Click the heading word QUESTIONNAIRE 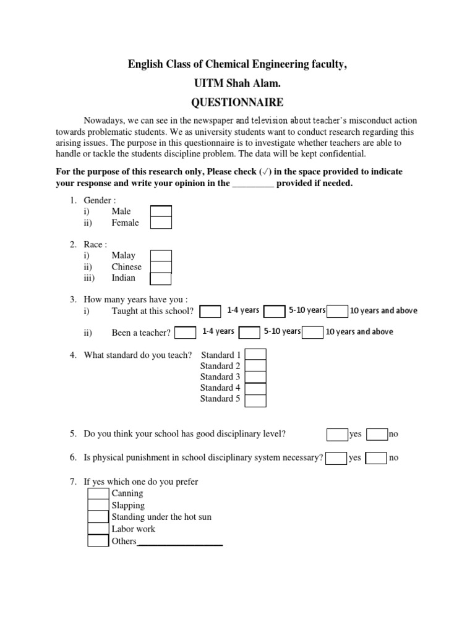coord(237,101)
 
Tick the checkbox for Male coord(161,211)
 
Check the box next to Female coord(161,223)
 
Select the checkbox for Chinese coord(161,267)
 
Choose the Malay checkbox coord(161,256)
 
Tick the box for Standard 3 coord(255,377)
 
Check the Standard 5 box coord(255,400)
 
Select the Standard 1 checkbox coord(255,355)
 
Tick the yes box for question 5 coord(337,435)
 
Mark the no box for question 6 coord(376,458)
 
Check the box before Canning coord(98,494)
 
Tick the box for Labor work coord(98,529)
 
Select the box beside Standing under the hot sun coord(98,517)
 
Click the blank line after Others coord(179,543)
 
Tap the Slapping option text coord(128,506)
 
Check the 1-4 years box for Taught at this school coord(210,311)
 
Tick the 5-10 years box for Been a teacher coord(249,333)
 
